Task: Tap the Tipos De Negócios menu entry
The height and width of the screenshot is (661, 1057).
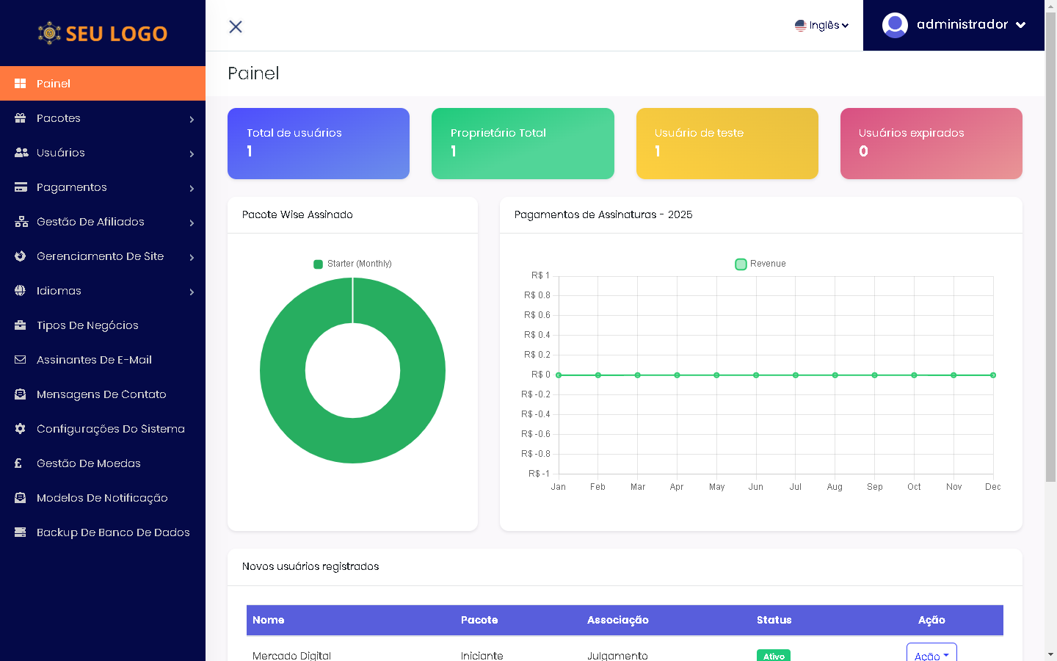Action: pos(87,325)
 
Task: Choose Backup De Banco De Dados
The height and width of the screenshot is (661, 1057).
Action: pos(113,532)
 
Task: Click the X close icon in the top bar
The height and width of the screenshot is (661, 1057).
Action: pos(236,26)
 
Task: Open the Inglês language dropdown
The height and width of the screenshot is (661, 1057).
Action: pos(821,25)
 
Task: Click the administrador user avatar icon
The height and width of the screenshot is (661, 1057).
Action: pos(895,25)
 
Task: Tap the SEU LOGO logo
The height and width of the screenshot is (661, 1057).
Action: pos(103,33)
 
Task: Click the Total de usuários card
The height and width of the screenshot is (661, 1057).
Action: pos(319,143)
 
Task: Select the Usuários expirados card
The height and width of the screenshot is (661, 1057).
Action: pos(931,143)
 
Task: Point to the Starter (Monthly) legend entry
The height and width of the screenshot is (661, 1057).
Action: pos(353,264)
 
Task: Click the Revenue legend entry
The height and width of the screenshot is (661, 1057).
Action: pos(760,264)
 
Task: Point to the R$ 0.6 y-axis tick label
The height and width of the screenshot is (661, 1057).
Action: pos(537,315)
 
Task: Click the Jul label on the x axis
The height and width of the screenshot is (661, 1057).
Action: pos(795,487)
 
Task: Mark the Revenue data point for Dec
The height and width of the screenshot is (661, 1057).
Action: pos(993,375)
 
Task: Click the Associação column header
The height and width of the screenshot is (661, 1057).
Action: pos(617,620)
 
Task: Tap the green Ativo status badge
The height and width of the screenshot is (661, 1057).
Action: pos(774,655)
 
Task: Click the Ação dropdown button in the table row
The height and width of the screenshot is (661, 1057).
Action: pos(931,654)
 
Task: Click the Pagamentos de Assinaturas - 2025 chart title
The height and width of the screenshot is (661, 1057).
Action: pos(603,214)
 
